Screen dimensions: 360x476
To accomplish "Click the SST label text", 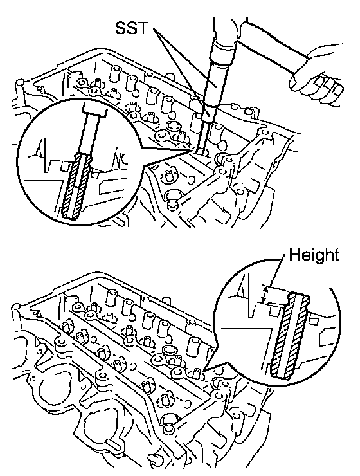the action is coord(131,28).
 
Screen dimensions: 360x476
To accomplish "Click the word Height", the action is coord(314,254).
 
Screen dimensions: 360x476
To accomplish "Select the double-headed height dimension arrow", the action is coord(265,294).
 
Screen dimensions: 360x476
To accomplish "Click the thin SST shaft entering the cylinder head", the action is coord(201,137).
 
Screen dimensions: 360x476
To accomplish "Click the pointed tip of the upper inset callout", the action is coord(192,150).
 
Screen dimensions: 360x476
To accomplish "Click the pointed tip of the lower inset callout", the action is coord(204,371).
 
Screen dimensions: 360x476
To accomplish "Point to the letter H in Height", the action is coord(294,254).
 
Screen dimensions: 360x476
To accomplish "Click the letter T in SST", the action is coord(142,28).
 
